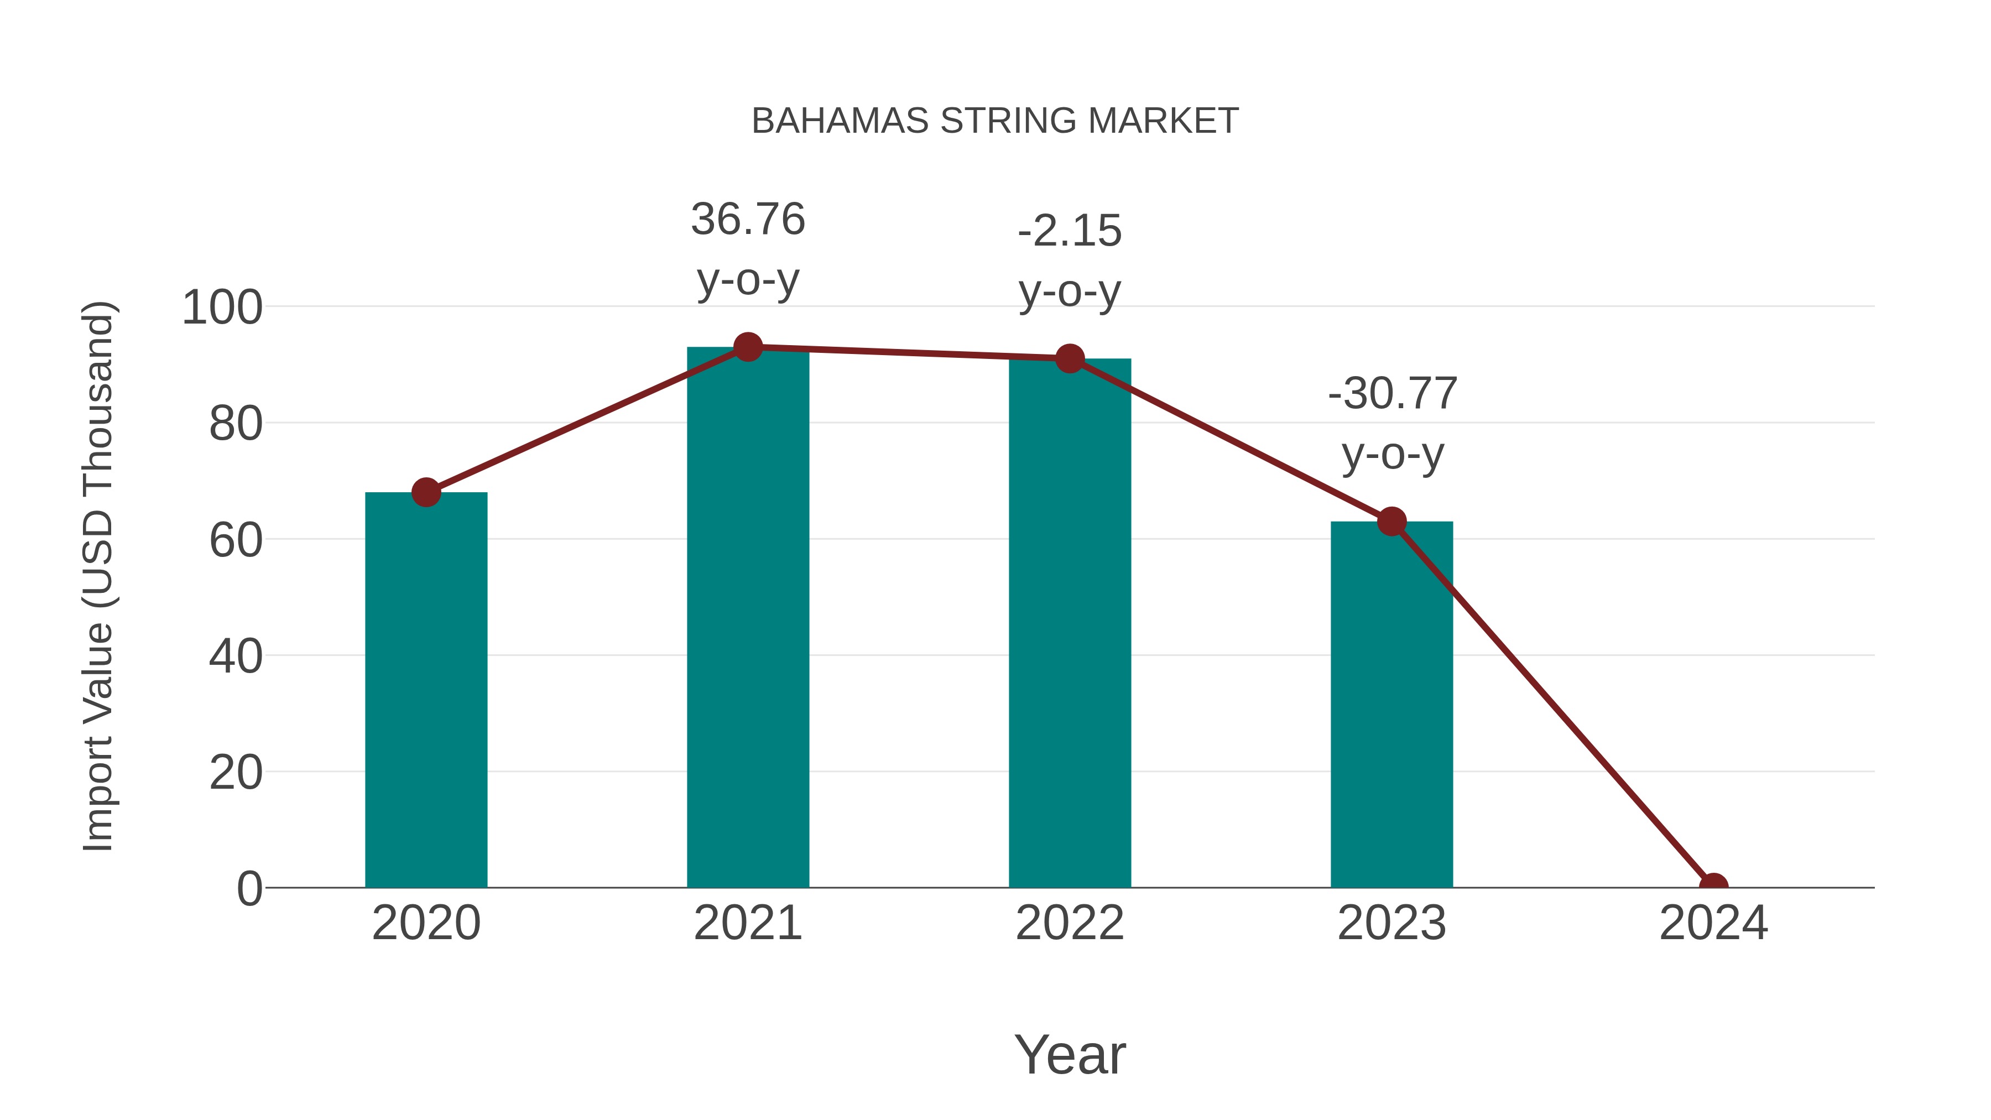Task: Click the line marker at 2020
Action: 426,492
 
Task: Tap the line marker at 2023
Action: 1391,522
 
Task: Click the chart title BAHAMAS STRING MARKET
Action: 995,121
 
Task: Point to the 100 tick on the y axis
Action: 222,308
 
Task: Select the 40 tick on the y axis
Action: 236,656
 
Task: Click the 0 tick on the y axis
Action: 249,889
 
